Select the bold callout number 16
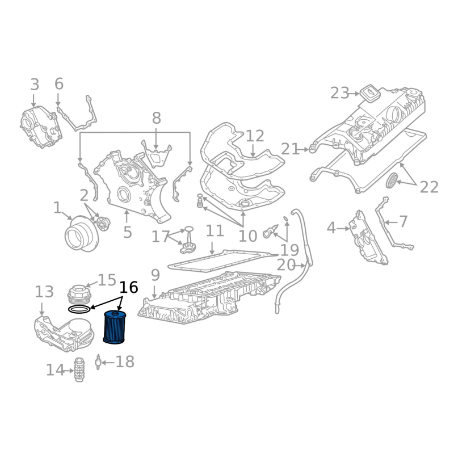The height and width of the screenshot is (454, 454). [x=129, y=287]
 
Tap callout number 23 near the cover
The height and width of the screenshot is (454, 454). [x=340, y=93]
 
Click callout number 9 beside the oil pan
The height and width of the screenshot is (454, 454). [x=155, y=276]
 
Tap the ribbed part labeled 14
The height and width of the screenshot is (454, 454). [x=80, y=371]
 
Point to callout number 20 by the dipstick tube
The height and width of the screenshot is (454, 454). [x=287, y=265]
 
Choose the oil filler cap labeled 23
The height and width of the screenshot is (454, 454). [x=370, y=92]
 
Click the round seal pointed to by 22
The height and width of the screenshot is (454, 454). [x=392, y=181]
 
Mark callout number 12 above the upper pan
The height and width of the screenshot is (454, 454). [x=255, y=136]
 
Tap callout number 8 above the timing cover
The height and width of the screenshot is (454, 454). [x=156, y=118]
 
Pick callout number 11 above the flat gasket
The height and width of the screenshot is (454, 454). [x=215, y=231]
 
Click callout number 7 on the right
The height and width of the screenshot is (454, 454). [x=403, y=221]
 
